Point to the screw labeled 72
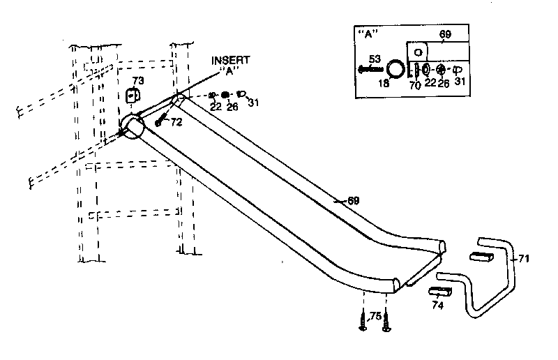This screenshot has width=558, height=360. click(160, 121)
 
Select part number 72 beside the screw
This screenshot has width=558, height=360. click(176, 122)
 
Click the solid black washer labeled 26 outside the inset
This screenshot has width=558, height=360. click(225, 95)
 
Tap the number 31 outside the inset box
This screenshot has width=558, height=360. click(253, 104)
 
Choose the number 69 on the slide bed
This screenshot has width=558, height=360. click(354, 201)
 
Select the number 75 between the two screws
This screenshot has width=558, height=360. click(375, 315)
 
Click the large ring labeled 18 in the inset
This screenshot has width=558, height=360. click(395, 69)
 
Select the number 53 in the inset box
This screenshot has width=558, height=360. click(375, 59)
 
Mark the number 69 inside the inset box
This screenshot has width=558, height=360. click(446, 33)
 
